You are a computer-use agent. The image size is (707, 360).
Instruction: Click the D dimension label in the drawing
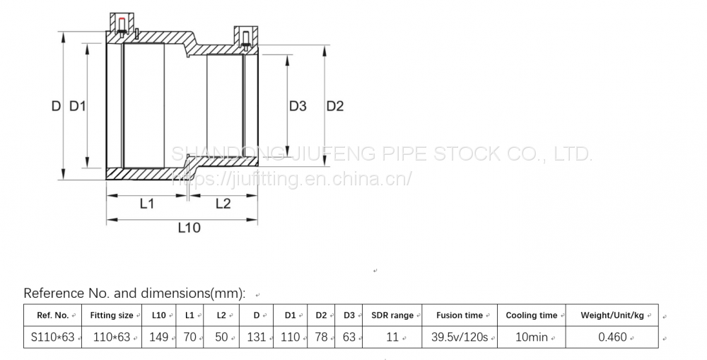55,106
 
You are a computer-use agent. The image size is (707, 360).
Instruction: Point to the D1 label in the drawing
77,106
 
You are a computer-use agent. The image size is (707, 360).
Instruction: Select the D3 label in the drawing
298,106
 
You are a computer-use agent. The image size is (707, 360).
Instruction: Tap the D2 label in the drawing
334,106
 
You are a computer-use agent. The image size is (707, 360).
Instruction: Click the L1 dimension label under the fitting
146,204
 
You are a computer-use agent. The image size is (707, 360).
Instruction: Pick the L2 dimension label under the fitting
223,204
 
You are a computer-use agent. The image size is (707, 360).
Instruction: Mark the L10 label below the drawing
189,228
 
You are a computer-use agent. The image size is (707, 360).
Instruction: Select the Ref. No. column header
52,315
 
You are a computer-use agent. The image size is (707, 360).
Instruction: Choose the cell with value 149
158,337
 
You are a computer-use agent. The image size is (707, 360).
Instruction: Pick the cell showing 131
256,337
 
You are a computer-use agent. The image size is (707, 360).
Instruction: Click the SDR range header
392,315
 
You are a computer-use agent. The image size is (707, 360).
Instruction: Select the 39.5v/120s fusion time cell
460,337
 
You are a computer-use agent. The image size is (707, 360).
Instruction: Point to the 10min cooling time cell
532,337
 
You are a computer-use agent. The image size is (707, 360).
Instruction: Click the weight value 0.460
612,337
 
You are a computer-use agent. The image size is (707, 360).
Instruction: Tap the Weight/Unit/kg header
612,315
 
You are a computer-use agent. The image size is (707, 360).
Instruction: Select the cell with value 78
321,337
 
